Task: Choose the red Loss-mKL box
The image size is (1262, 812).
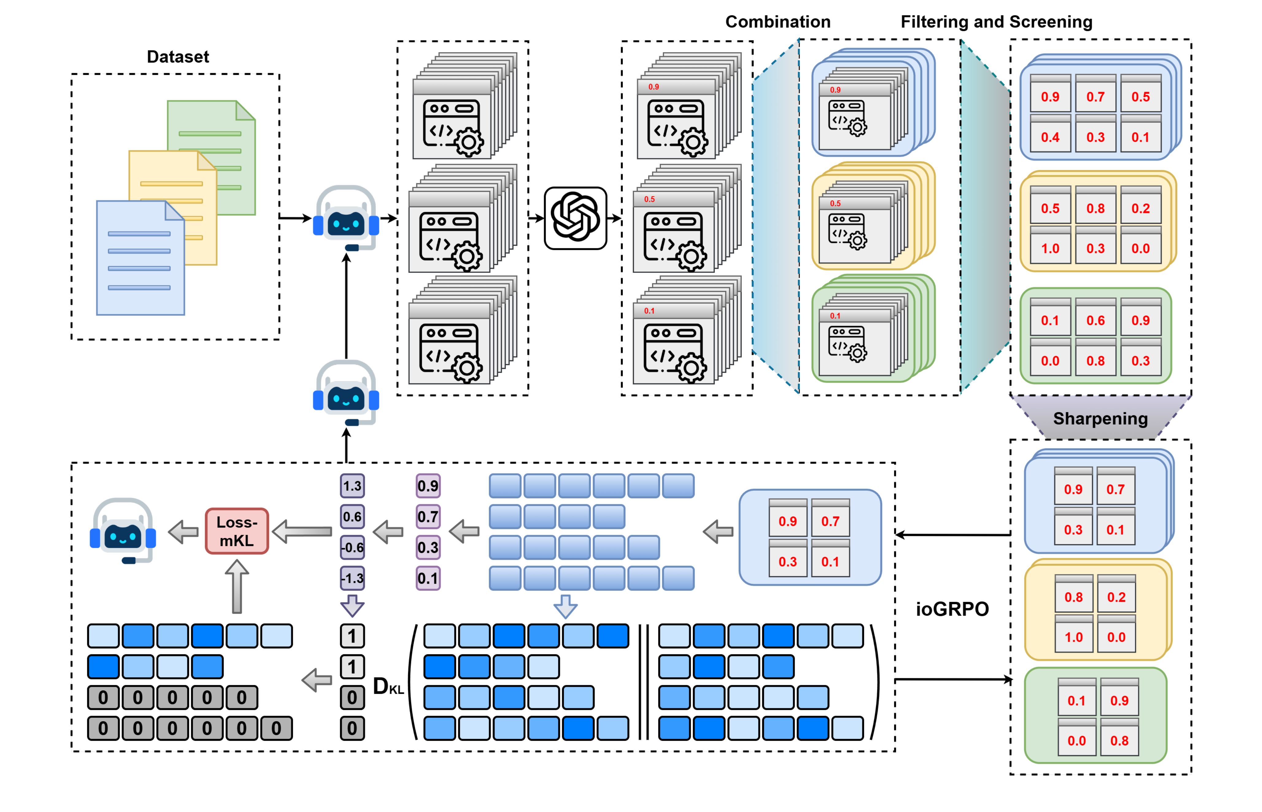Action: (x=236, y=531)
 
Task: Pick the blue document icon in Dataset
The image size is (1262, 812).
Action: (x=140, y=258)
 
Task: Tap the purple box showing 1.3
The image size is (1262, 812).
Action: (x=352, y=485)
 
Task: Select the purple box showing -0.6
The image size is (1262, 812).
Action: (x=352, y=547)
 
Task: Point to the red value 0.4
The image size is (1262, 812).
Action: (x=1050, y=137)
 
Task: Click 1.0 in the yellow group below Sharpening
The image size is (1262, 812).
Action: (x=1073, y=637)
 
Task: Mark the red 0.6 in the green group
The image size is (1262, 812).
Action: (x=1095, y=321)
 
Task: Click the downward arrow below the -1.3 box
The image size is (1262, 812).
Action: (x=352, y=605)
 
